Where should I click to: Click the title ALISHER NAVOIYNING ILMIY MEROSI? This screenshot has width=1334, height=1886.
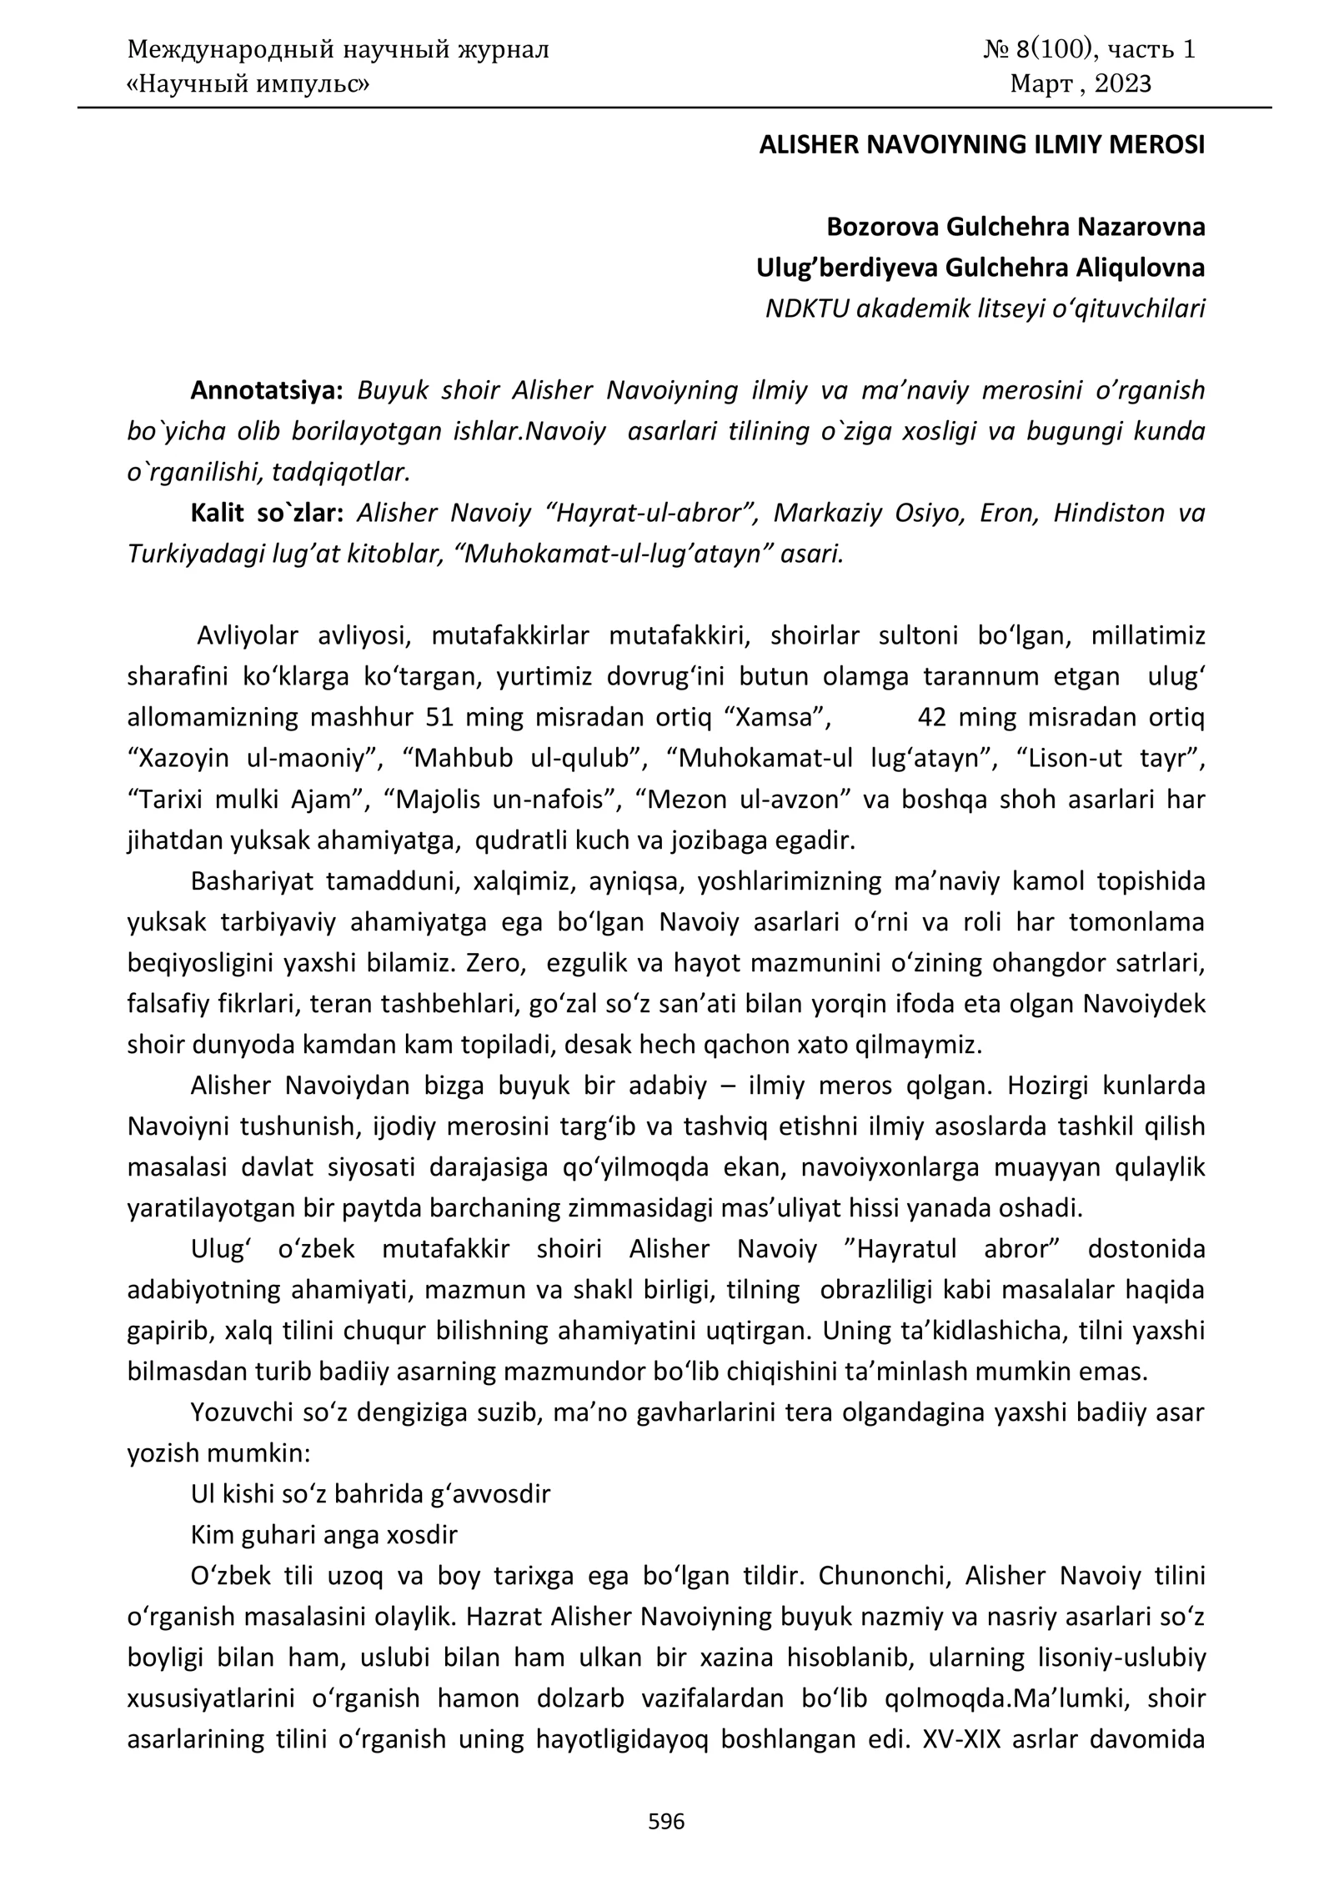[x=981, y=145]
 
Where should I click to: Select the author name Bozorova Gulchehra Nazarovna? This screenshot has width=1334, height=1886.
[x=1016, y=227]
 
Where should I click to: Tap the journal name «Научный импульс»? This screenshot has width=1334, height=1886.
[x=248, y=83]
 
